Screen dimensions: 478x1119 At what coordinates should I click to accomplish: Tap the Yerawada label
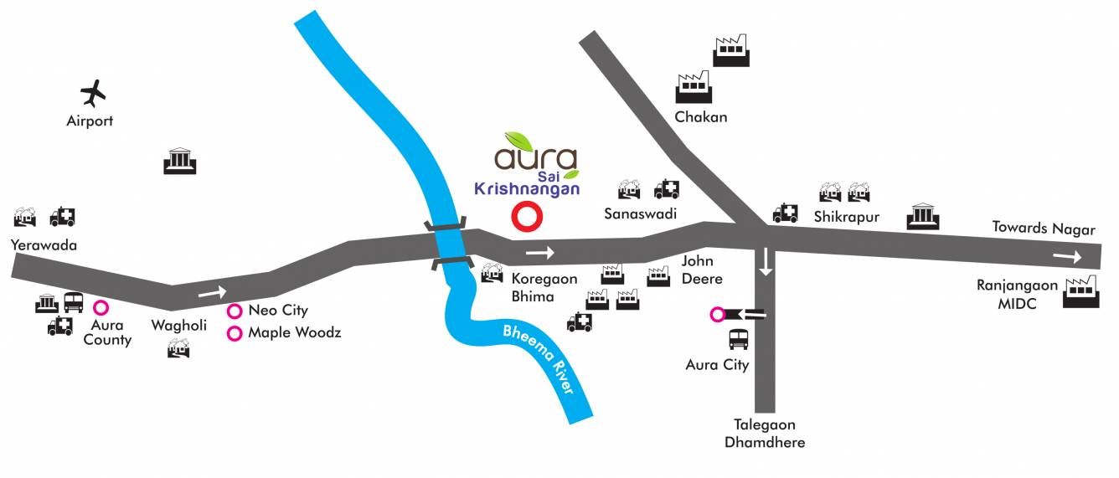coord(44,245)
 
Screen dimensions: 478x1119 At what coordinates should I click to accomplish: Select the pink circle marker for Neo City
coord(235,311)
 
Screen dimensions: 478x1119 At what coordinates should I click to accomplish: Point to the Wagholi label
coord(178,326)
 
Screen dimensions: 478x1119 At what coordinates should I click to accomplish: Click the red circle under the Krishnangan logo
coord(528,217)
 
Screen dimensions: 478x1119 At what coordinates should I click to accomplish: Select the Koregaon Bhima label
coord(544,287)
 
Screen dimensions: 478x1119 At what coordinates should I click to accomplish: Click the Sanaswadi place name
coord(640,214)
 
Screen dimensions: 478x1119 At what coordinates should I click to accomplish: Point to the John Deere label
coord(702,270)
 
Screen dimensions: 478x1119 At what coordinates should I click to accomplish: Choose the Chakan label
coord(701,117)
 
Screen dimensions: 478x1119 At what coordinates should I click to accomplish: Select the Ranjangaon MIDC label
coord(1017,295)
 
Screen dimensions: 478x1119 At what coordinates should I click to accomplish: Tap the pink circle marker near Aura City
coord(717,315)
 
